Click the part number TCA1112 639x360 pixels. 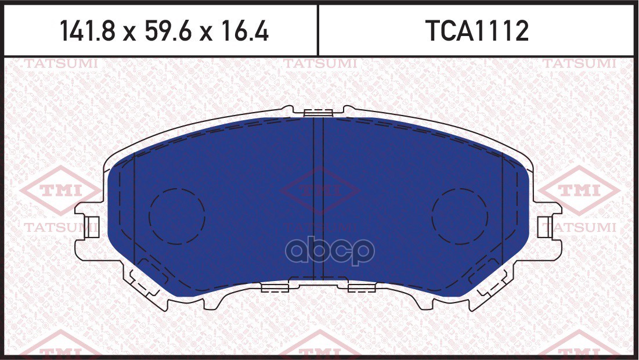(478, 31)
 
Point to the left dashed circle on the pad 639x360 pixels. (176, 215)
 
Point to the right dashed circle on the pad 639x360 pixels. (460, 215)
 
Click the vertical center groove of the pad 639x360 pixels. (318, 197)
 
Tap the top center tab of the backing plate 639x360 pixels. (318, 112)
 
